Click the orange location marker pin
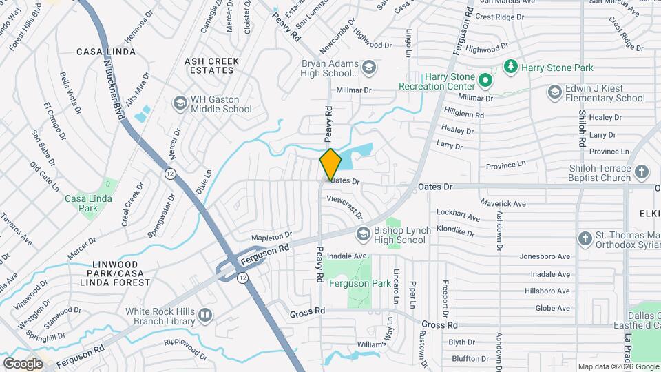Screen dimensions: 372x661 point(330,165)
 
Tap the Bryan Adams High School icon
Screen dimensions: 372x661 point(369,67)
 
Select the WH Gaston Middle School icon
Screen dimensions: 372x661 point(180,103)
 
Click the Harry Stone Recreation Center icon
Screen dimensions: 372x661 point(485,81)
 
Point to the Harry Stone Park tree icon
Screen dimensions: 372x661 point(510,67)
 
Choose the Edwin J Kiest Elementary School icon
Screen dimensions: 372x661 point(555,92)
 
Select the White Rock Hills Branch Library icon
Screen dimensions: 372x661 point(204,316)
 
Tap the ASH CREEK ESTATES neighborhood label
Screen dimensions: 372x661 point(212,65)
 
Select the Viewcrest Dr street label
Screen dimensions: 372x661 point(344,205)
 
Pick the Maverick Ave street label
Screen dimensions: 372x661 point(503,203)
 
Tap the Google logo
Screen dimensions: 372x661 point(23,363)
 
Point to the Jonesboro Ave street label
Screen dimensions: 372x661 point(545,256)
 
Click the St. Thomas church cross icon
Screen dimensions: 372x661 point(585,239)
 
